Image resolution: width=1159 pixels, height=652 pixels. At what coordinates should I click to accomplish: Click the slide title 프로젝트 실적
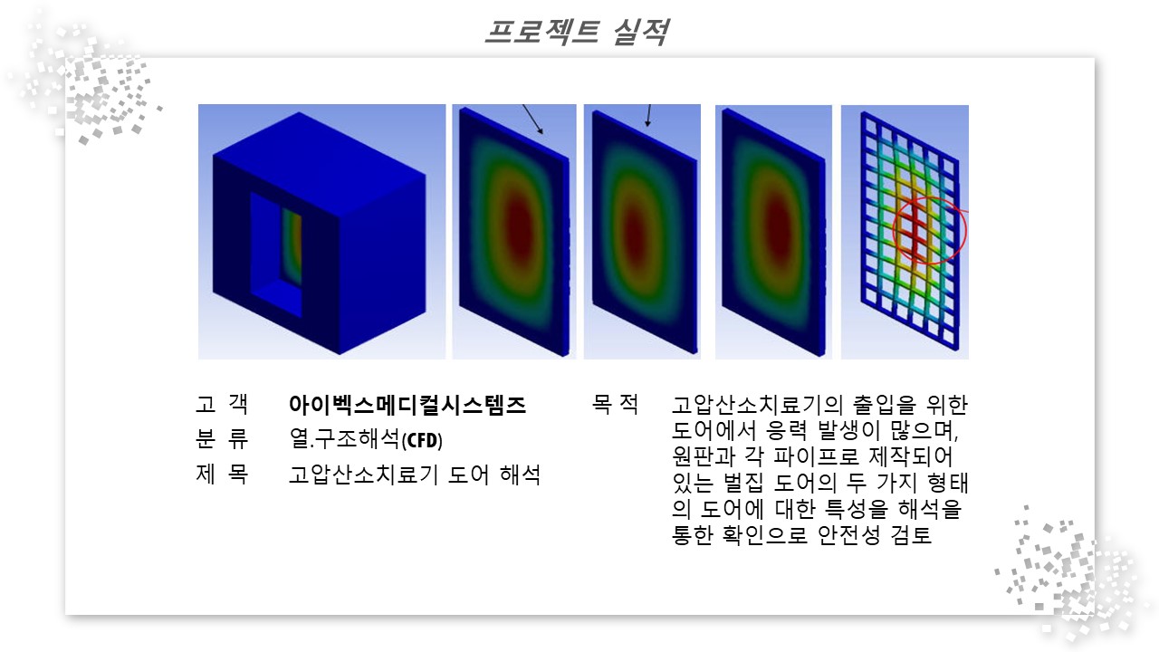(577, 32)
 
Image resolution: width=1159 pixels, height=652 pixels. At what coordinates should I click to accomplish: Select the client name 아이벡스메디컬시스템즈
(407, 405)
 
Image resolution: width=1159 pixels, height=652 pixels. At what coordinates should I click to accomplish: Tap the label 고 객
(222, 404)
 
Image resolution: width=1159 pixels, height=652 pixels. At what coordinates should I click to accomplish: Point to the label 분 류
(222, 439)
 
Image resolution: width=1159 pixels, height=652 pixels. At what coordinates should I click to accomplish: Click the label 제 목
(222, 474)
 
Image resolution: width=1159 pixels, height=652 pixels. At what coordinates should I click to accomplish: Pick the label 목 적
(615, 404)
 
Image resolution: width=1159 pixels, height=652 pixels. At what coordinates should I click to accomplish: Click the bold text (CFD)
(422, 440)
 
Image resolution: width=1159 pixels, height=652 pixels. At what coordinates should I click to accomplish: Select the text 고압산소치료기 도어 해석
(415, 474)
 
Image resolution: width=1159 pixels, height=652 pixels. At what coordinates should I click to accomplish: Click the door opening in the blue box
(276, 254)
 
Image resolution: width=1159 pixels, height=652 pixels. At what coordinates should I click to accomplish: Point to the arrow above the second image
(532, 120)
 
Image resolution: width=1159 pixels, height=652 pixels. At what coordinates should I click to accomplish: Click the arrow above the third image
(648, 115)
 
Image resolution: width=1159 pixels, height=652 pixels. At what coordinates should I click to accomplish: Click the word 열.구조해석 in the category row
(345, 439)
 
